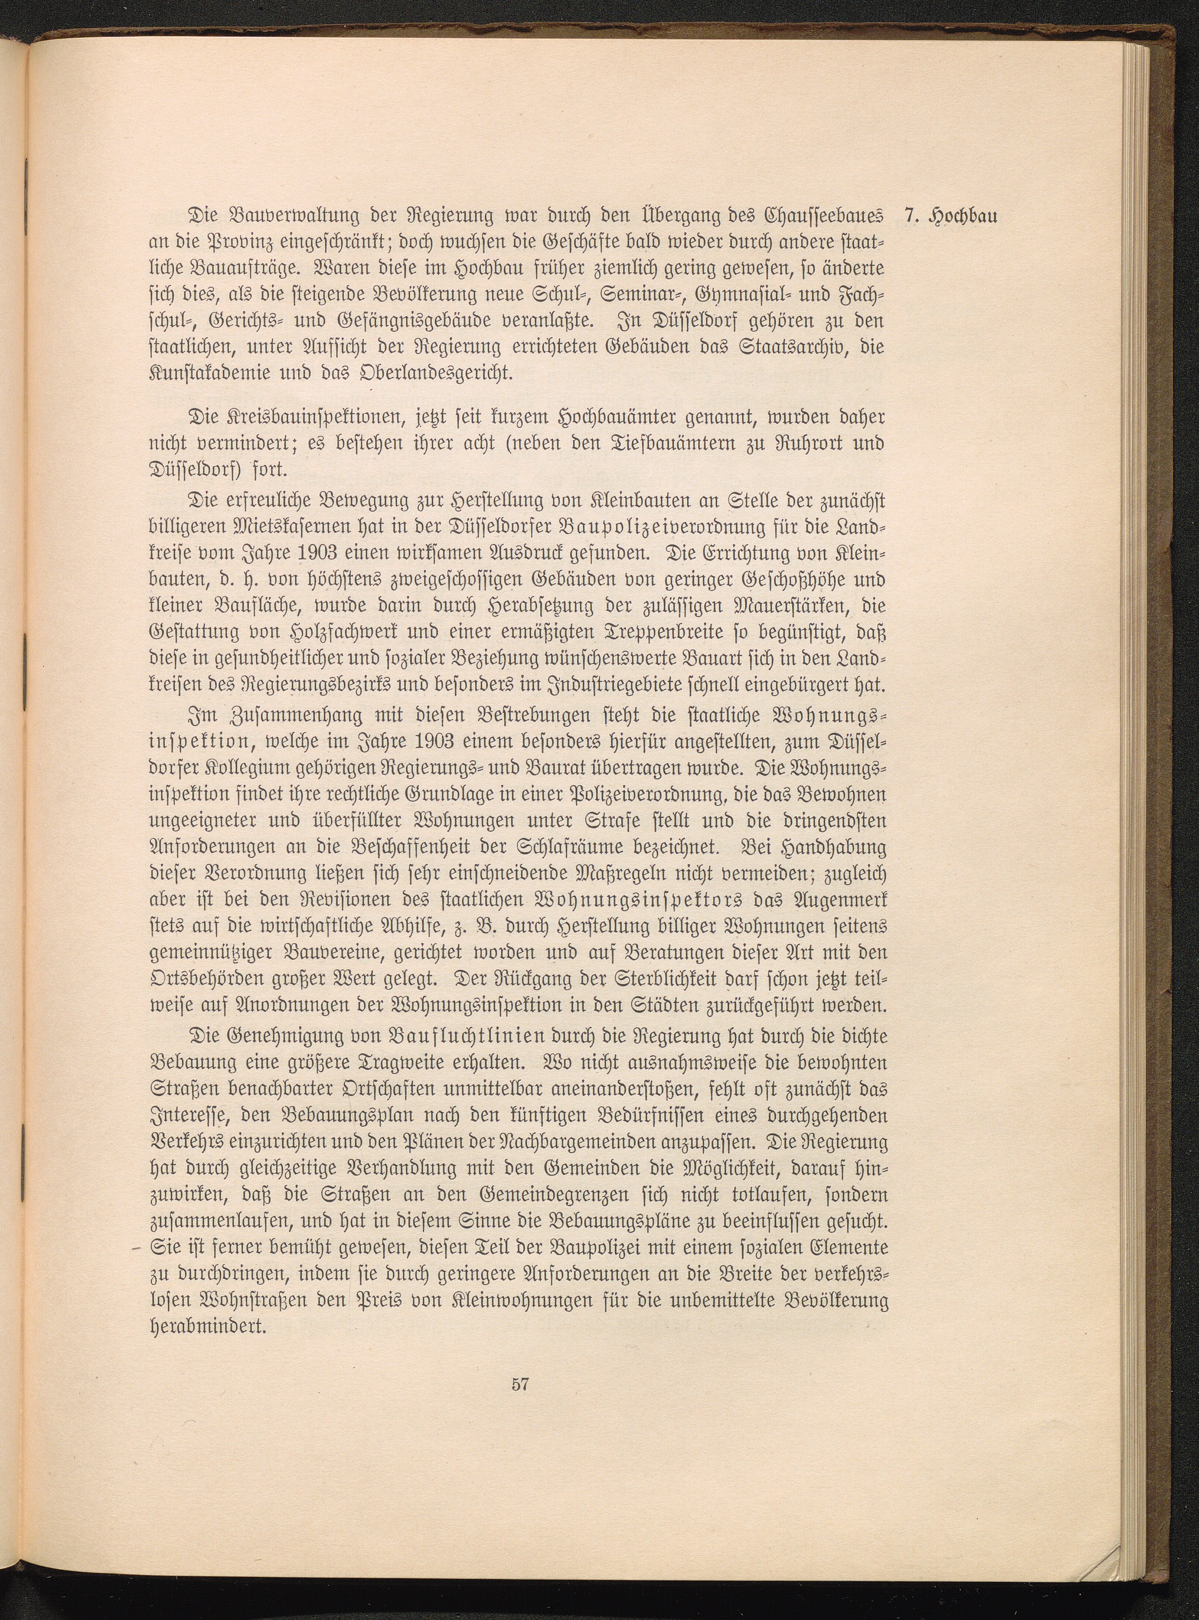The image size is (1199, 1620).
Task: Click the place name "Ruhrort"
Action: [802, 444]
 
